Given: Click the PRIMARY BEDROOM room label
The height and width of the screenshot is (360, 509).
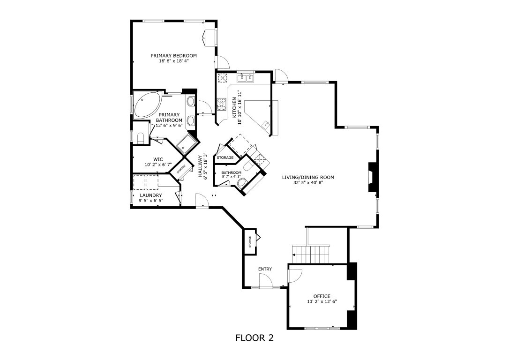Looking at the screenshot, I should coord(173,55).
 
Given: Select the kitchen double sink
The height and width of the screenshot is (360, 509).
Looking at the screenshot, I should coord(245,77).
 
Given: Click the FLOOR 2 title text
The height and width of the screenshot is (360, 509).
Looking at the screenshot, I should coord(254,337).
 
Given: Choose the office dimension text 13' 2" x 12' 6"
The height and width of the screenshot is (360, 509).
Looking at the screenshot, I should coord(322,302).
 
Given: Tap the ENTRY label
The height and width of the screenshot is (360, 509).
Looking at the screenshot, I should coord(265,269).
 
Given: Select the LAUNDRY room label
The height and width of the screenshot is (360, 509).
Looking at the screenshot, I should coord(151,195).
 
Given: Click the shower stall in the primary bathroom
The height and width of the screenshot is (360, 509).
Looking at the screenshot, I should coord(188,144).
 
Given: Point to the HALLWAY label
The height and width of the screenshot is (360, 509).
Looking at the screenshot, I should coord(200,166).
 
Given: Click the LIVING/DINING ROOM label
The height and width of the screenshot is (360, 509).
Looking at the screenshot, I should coord(308,177).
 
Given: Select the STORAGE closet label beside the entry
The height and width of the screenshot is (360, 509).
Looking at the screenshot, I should coord(250,241).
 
